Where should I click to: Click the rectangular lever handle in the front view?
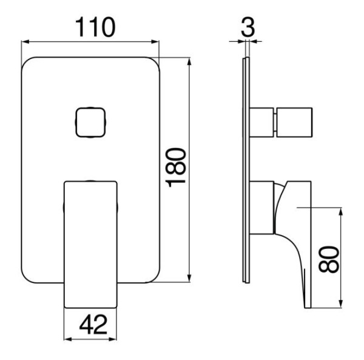(90, 243)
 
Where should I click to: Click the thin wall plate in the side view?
(244, 170)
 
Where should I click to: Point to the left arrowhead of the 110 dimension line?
(25, 42)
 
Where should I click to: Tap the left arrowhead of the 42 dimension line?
(67, 338)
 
